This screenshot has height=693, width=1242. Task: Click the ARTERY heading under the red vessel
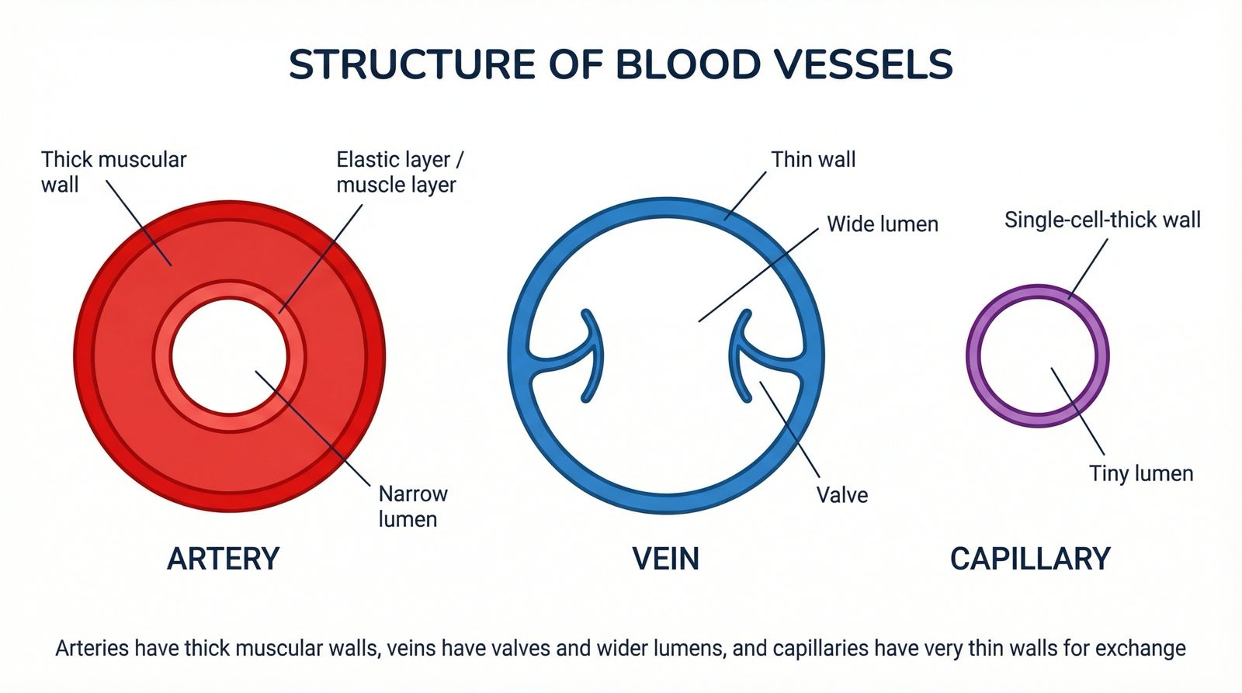[223, 559]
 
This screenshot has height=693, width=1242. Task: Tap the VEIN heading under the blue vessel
[665, 559]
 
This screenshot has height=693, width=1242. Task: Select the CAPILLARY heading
[1030, 559]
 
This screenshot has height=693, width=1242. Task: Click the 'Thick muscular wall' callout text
[113, 172]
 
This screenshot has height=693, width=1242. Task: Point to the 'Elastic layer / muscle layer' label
[399, 172]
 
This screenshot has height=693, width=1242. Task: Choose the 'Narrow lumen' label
[413, 506]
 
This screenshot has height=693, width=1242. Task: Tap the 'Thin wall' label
[813, 160]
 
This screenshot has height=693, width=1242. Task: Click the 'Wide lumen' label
[883, 224]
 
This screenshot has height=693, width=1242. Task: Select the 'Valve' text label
[842, 495]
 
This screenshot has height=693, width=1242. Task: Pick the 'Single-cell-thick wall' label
[1102, 220]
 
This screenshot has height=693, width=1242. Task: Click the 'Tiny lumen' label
[1141, 473]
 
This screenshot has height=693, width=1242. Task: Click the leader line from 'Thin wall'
[745, 195]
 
